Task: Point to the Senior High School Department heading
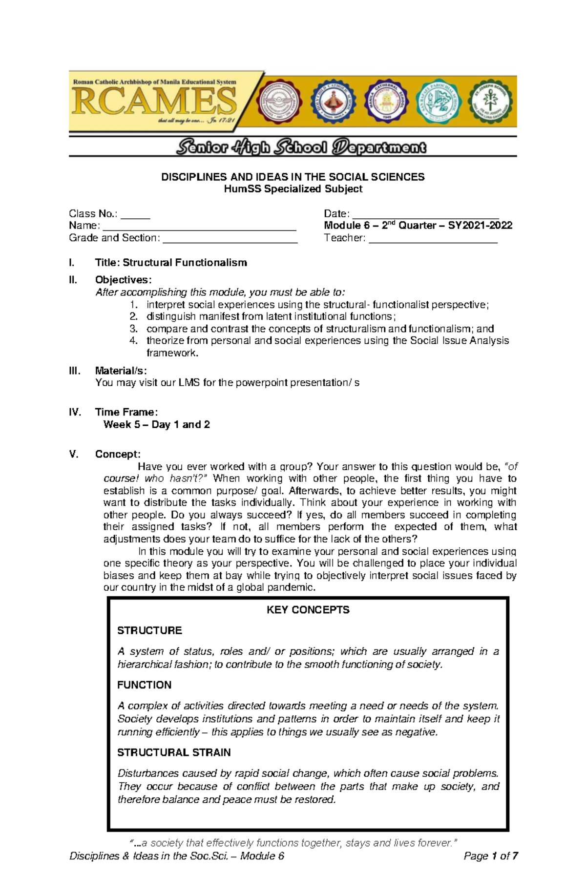[301, 147]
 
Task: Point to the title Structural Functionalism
[185, 263]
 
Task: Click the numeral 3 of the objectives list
[133, 329]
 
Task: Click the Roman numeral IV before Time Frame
[75, 412]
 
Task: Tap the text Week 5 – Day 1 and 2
[157, 424]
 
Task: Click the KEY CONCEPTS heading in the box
[308, 610]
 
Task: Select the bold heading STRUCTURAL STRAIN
[174, 752]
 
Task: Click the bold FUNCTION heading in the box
[144, 685]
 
